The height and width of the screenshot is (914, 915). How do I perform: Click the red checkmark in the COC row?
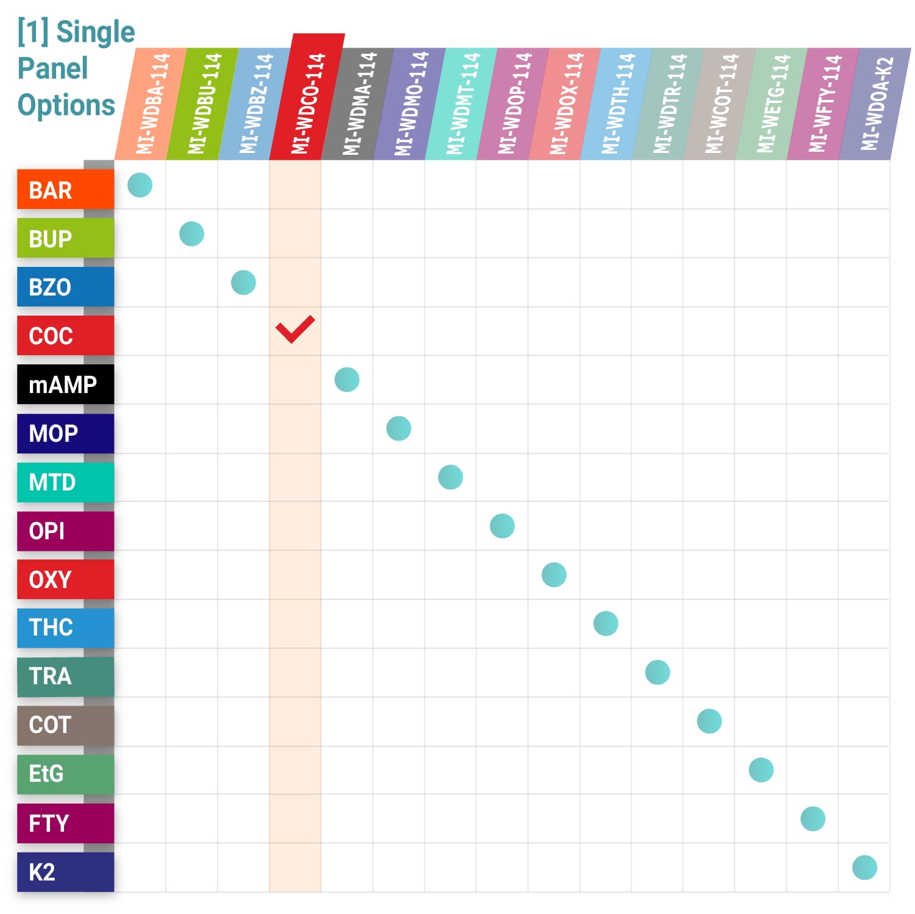[x=295, y=330]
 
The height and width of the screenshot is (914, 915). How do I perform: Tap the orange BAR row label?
[x=65, y=190]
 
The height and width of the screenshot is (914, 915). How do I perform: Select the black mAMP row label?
[x=65, y=384]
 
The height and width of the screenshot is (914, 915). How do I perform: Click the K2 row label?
[x=65, y=872]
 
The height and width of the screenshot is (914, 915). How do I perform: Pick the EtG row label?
[x=65, y=774]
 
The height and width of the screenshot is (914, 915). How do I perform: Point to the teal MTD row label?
[x=65, y=482]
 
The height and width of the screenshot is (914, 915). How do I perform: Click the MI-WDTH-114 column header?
[x=617, y=104]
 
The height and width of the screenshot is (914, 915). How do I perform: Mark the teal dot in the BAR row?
[x=140, y=185]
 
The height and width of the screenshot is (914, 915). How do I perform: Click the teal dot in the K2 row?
[x=864, y=867]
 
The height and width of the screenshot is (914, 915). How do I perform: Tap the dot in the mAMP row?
[x=347, y=380]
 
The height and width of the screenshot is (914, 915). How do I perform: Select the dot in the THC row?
[x=605, y=623]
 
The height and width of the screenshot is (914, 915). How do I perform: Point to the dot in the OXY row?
[x=554, y=575]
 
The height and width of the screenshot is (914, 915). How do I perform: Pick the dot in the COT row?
[x=709, y=721]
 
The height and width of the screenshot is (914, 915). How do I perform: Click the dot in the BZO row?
[x=243, y=283]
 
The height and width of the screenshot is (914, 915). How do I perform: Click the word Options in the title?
[x=66, y=105]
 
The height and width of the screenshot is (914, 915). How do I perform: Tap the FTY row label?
[x=65, y=823]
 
